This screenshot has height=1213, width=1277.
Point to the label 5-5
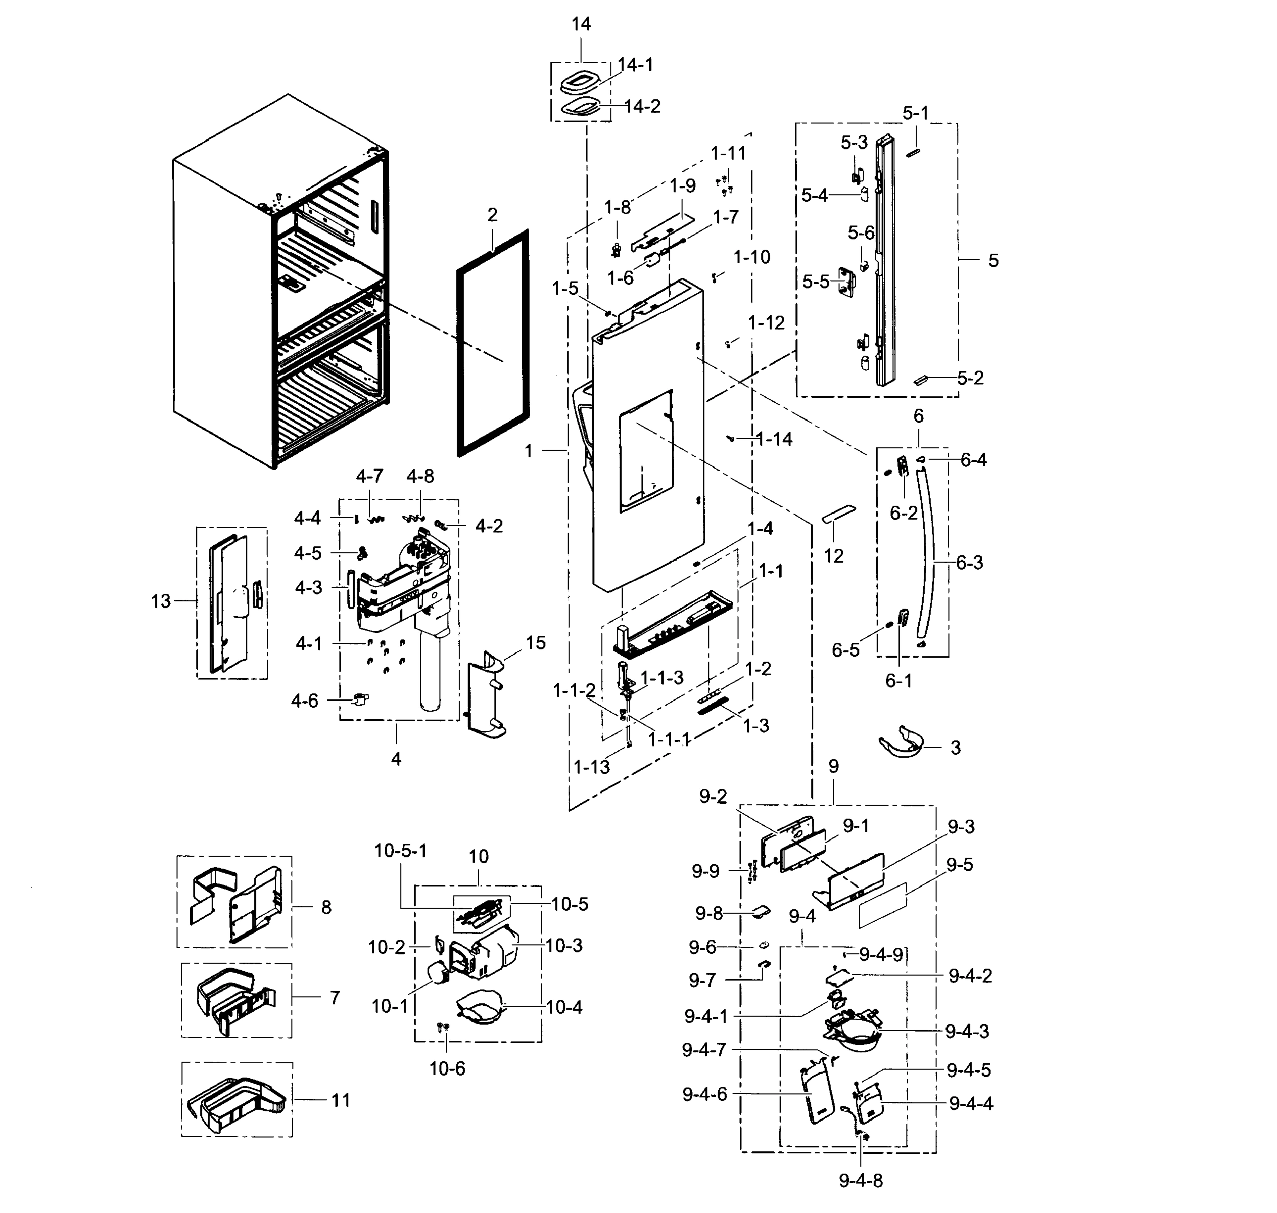point(815,282)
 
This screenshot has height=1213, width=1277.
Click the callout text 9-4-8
point(861,1180)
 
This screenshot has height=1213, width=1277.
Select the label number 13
point(161,601)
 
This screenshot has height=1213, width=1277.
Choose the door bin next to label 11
point(236,1102)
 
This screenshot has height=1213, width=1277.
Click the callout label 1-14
point(774,439)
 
